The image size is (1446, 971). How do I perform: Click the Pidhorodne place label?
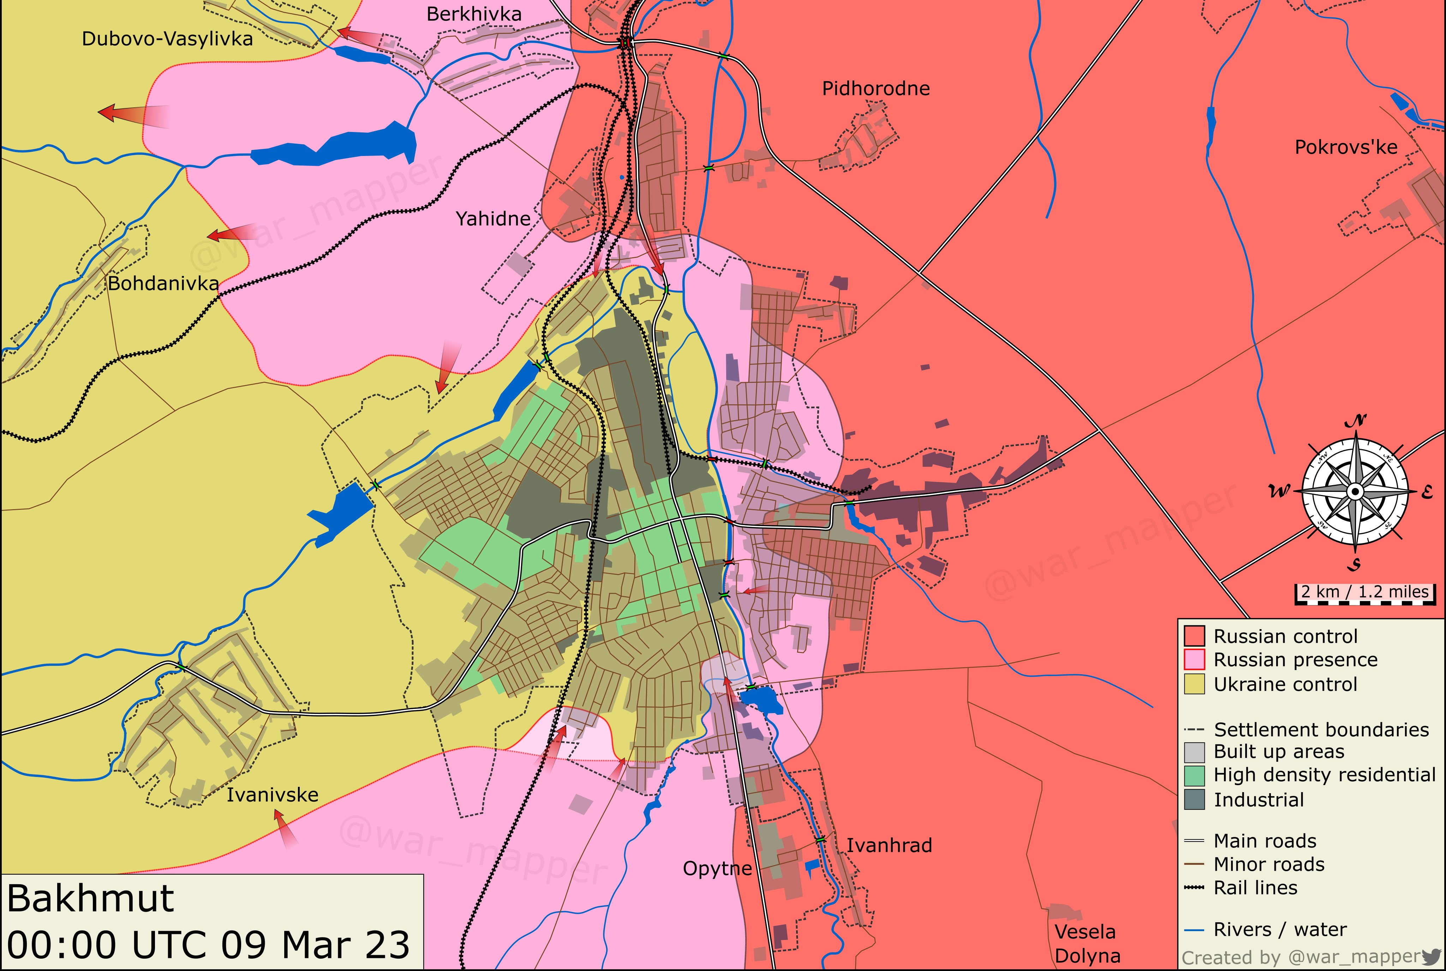[876, 89]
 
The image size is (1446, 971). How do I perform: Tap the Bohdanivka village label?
[163, 284]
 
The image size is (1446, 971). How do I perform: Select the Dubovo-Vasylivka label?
[167, 39]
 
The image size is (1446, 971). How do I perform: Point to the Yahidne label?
[493, 219]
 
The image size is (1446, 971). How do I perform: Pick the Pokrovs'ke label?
[1346, 147]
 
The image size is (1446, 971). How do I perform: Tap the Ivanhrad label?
[889, 845]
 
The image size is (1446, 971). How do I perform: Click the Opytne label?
[717, 868]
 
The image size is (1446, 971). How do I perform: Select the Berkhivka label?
[474, 14]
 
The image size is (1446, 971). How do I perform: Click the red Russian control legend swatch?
[1194, 636]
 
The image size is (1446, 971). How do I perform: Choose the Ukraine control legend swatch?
[1194, 684]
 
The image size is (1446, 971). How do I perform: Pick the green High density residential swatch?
[1194, 775]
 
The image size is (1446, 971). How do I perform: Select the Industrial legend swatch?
[1194, 800]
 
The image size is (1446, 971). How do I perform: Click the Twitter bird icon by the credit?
[1432, 955]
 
